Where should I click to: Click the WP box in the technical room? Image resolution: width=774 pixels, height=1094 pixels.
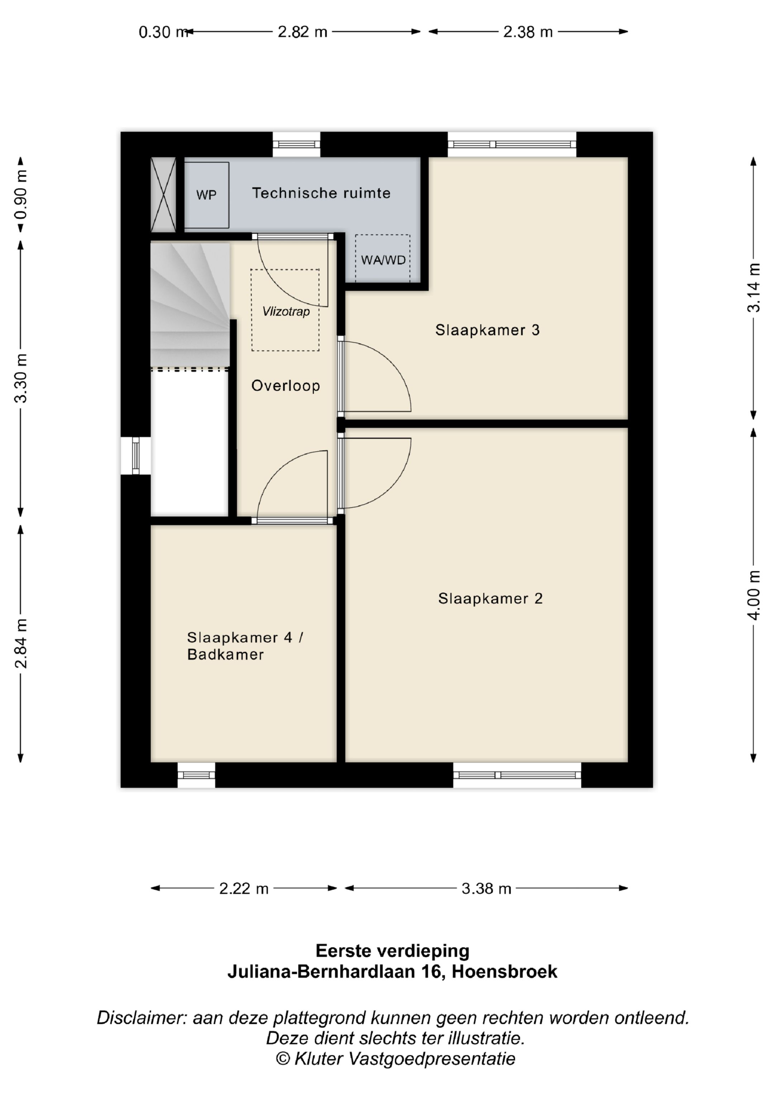[x=206, y=195]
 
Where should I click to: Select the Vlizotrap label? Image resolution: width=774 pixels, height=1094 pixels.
[x=286, y=312]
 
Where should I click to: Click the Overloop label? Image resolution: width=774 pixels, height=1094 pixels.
[x=286, y=386]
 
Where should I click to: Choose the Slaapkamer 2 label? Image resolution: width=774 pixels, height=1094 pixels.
[x=491, y=598]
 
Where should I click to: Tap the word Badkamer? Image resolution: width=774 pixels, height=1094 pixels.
[x=225, y=655]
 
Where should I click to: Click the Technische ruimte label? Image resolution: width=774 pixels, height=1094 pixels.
[x=321, y=193]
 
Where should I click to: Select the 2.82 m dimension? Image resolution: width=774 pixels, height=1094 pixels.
[x=303, y=32]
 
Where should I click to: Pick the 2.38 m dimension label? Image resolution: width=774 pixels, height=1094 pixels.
[x=528, y=32]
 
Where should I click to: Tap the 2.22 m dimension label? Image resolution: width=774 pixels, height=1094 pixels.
[x=244, y=889]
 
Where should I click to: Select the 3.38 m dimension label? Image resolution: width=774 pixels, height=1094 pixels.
[x=486, y=889]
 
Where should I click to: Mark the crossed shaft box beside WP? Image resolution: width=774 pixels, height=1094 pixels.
[x=163, y=195]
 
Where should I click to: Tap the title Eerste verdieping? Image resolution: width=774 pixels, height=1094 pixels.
[x=392, y=951]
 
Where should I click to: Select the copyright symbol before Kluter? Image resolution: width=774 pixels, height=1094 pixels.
[x=283, y=1059]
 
